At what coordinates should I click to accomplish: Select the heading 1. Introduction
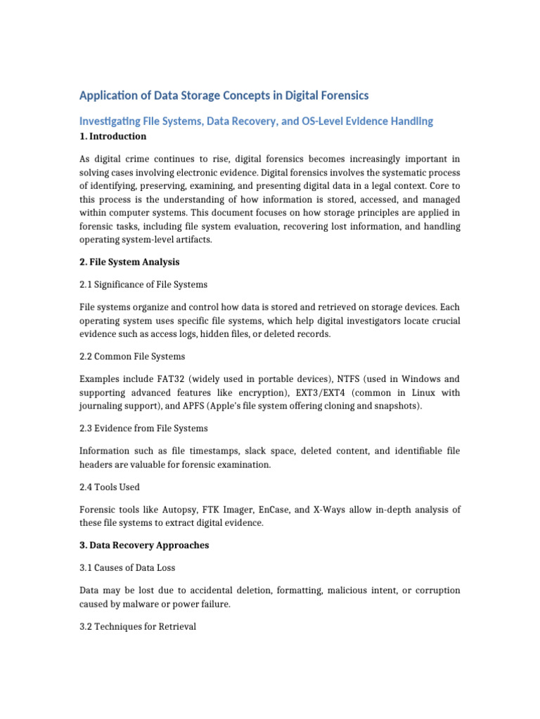pos(113,136)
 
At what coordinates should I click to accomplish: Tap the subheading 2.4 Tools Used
pos(109,487)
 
